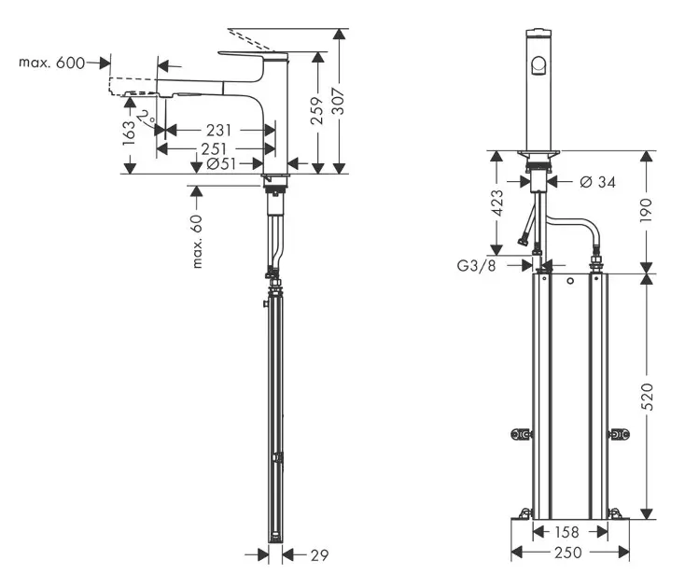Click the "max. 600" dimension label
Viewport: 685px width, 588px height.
pyautogui.click(x=51, y=63)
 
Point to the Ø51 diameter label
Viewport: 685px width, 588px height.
pyautogui.click(x=222, y=165)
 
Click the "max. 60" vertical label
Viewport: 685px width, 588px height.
pyautogui.click(x=198, y=241)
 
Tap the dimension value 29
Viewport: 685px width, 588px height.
pyautogui.click(x=318, y=556)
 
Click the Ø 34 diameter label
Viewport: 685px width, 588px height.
pyautogui.click(x=596, y=181)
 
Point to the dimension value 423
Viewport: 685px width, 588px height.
pyautogui.click(x=496, y=203)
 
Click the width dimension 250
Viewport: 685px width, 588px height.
pyautogui.click(x=568, y=553)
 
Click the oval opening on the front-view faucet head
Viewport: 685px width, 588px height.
pyautogui.click(x=538, y=64)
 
